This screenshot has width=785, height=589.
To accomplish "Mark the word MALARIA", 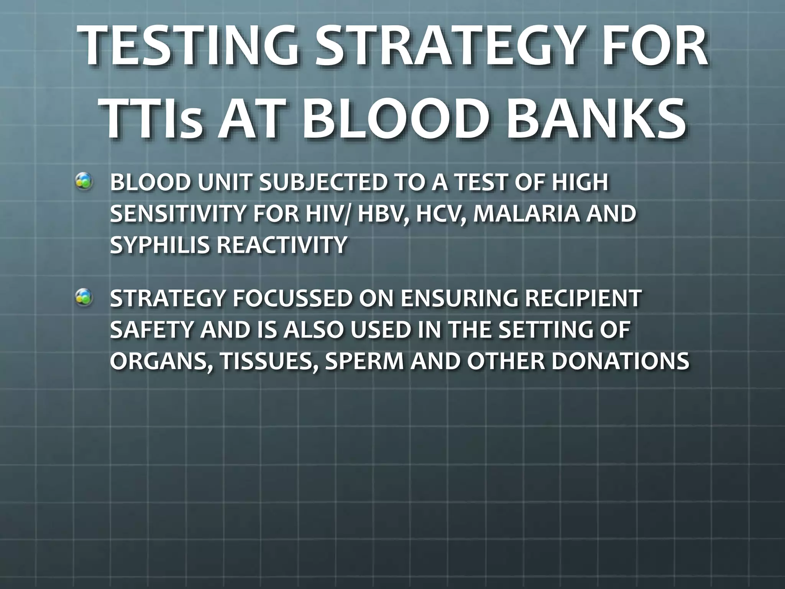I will click(x=527, y=214).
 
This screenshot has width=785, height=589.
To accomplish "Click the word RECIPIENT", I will click(x=583, y=298).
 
